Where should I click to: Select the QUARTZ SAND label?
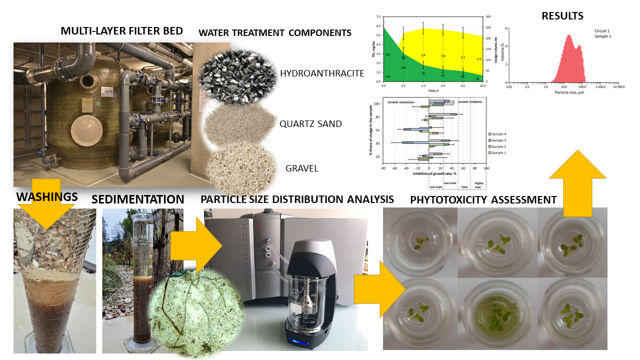click(x=311, y=123)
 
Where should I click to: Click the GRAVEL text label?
click(x=302, y=168)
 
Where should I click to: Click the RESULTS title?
click(x=562, y=16)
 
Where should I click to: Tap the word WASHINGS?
click(x=47, y=196)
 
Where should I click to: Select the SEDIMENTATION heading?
click(x=138, y=199)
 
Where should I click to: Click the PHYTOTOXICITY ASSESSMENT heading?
click(x=483, y=200)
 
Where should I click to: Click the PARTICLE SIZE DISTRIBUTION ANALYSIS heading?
click(x=297, y=199)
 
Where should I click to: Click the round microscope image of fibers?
click(x=195, y=310)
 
